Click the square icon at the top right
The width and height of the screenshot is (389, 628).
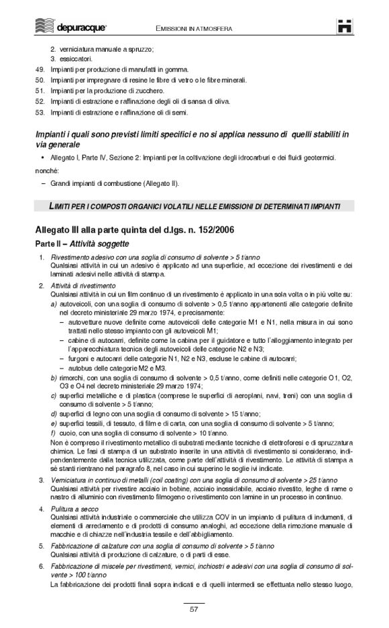344,25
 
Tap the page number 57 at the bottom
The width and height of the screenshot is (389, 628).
194,609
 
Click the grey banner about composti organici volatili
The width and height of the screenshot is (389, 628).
194,205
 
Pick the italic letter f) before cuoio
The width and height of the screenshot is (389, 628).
54,434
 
